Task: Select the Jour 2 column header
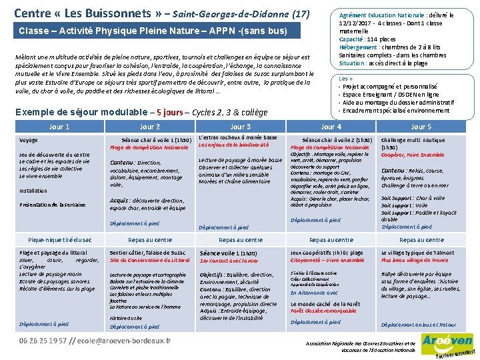click(x=149, y=127)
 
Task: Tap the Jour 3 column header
click(x=240, y=127)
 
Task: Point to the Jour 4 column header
click(x=331, y=127)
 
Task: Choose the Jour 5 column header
click(x=421, y=127)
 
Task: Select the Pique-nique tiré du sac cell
click(x=60, y=240)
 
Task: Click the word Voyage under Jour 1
click(x=29, y=141)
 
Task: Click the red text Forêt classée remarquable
click(x=323, y=311)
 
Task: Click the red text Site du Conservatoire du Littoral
click(x=149, y=260)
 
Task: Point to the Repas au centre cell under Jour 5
click(x=421, y=240)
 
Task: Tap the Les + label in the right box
click(x=346, y=79)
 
